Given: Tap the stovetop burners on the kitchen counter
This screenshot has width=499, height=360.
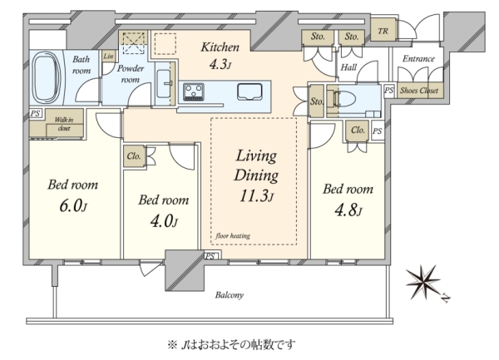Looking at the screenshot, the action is [x=194, y=91].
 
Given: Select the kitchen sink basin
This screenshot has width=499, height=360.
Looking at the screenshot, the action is [x=249, y=91].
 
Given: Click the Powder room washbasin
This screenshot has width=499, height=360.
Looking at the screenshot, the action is [x=164, y=84].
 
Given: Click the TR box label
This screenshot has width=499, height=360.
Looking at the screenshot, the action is [x=383, y=31].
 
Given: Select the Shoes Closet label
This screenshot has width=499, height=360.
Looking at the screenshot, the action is [x=419, y=91].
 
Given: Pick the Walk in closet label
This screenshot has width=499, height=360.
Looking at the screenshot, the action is [x=64, y=124].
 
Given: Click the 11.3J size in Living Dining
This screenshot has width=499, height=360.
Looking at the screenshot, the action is [x=256, y=196].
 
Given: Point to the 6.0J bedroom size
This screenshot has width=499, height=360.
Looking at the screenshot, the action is [x=73, y=206].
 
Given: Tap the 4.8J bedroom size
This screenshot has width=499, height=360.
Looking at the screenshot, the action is [x=348, y=210].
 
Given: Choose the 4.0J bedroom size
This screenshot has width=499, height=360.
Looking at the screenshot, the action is [x=164, y=221].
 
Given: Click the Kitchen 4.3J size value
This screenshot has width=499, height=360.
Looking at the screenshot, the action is [x=220, y=65].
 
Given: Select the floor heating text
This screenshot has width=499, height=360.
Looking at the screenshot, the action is [x=233, y=235].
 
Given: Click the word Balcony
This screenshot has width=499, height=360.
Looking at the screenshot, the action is [x=230, y=295].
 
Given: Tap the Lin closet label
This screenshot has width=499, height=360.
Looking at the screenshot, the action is [x=108, y=57].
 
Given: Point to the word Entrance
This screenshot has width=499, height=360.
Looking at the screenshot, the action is [x=418, y=58].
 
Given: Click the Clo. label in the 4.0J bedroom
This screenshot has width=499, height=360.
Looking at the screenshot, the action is [x=134, y=156].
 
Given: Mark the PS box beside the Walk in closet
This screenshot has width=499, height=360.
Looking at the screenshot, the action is [x=35, y=113].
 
